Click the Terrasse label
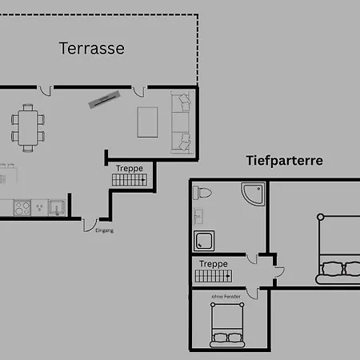click(92, 48)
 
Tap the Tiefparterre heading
click(285, 161)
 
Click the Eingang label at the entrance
click(105, 230)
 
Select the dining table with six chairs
click(28, 128)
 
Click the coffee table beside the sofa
click(147, 122)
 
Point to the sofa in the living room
click(181, 122)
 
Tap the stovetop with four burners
click(22, 208)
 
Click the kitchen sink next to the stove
click(57, 208)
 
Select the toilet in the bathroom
click(202, 193)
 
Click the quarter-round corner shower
click(253, 194)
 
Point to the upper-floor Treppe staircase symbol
click(130, 180)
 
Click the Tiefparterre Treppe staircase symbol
click(214, 276)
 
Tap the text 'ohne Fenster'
click(226, 297)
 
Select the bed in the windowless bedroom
click(227, 325)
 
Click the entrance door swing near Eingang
click(90, 226)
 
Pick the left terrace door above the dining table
click(45, 91)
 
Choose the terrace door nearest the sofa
click(139, 91)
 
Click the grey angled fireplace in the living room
click(104, 99)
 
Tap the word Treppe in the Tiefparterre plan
click(214, 264)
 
